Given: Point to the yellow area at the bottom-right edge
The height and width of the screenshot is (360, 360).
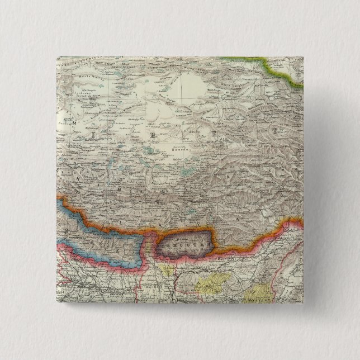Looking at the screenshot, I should point(258,292).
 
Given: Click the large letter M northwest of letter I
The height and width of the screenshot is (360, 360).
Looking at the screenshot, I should point(72,120).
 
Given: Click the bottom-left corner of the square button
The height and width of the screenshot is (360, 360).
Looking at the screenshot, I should point(56,305).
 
